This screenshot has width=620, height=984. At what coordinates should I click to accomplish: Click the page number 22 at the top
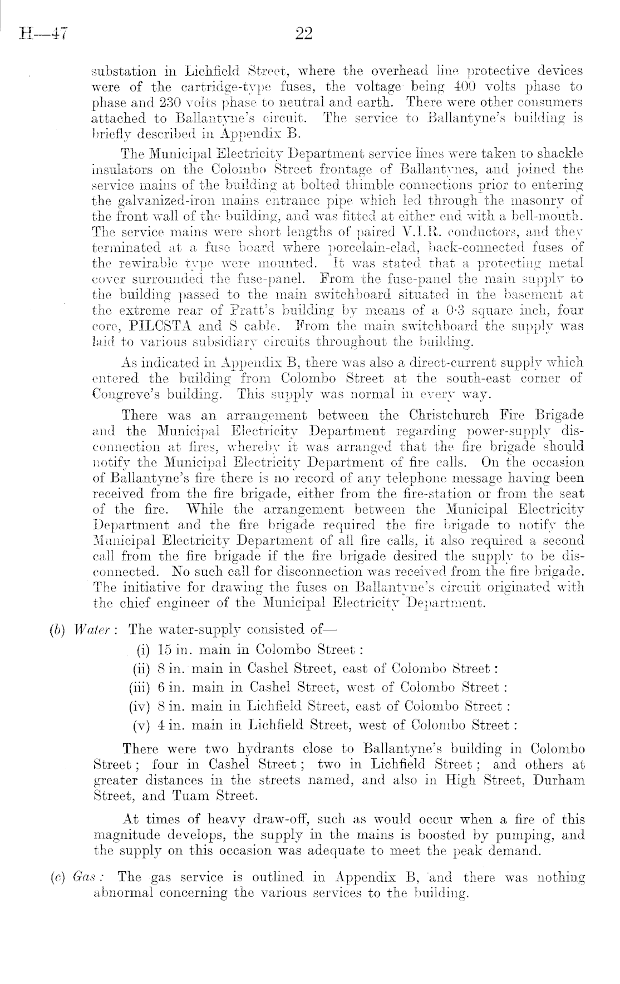(x=304, y=34)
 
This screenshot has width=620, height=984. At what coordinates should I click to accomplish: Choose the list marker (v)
(x=143, y=725)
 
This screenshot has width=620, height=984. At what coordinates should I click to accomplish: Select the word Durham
(x=559, y=779)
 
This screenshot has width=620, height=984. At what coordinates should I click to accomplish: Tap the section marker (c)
(x=57, y=878)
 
